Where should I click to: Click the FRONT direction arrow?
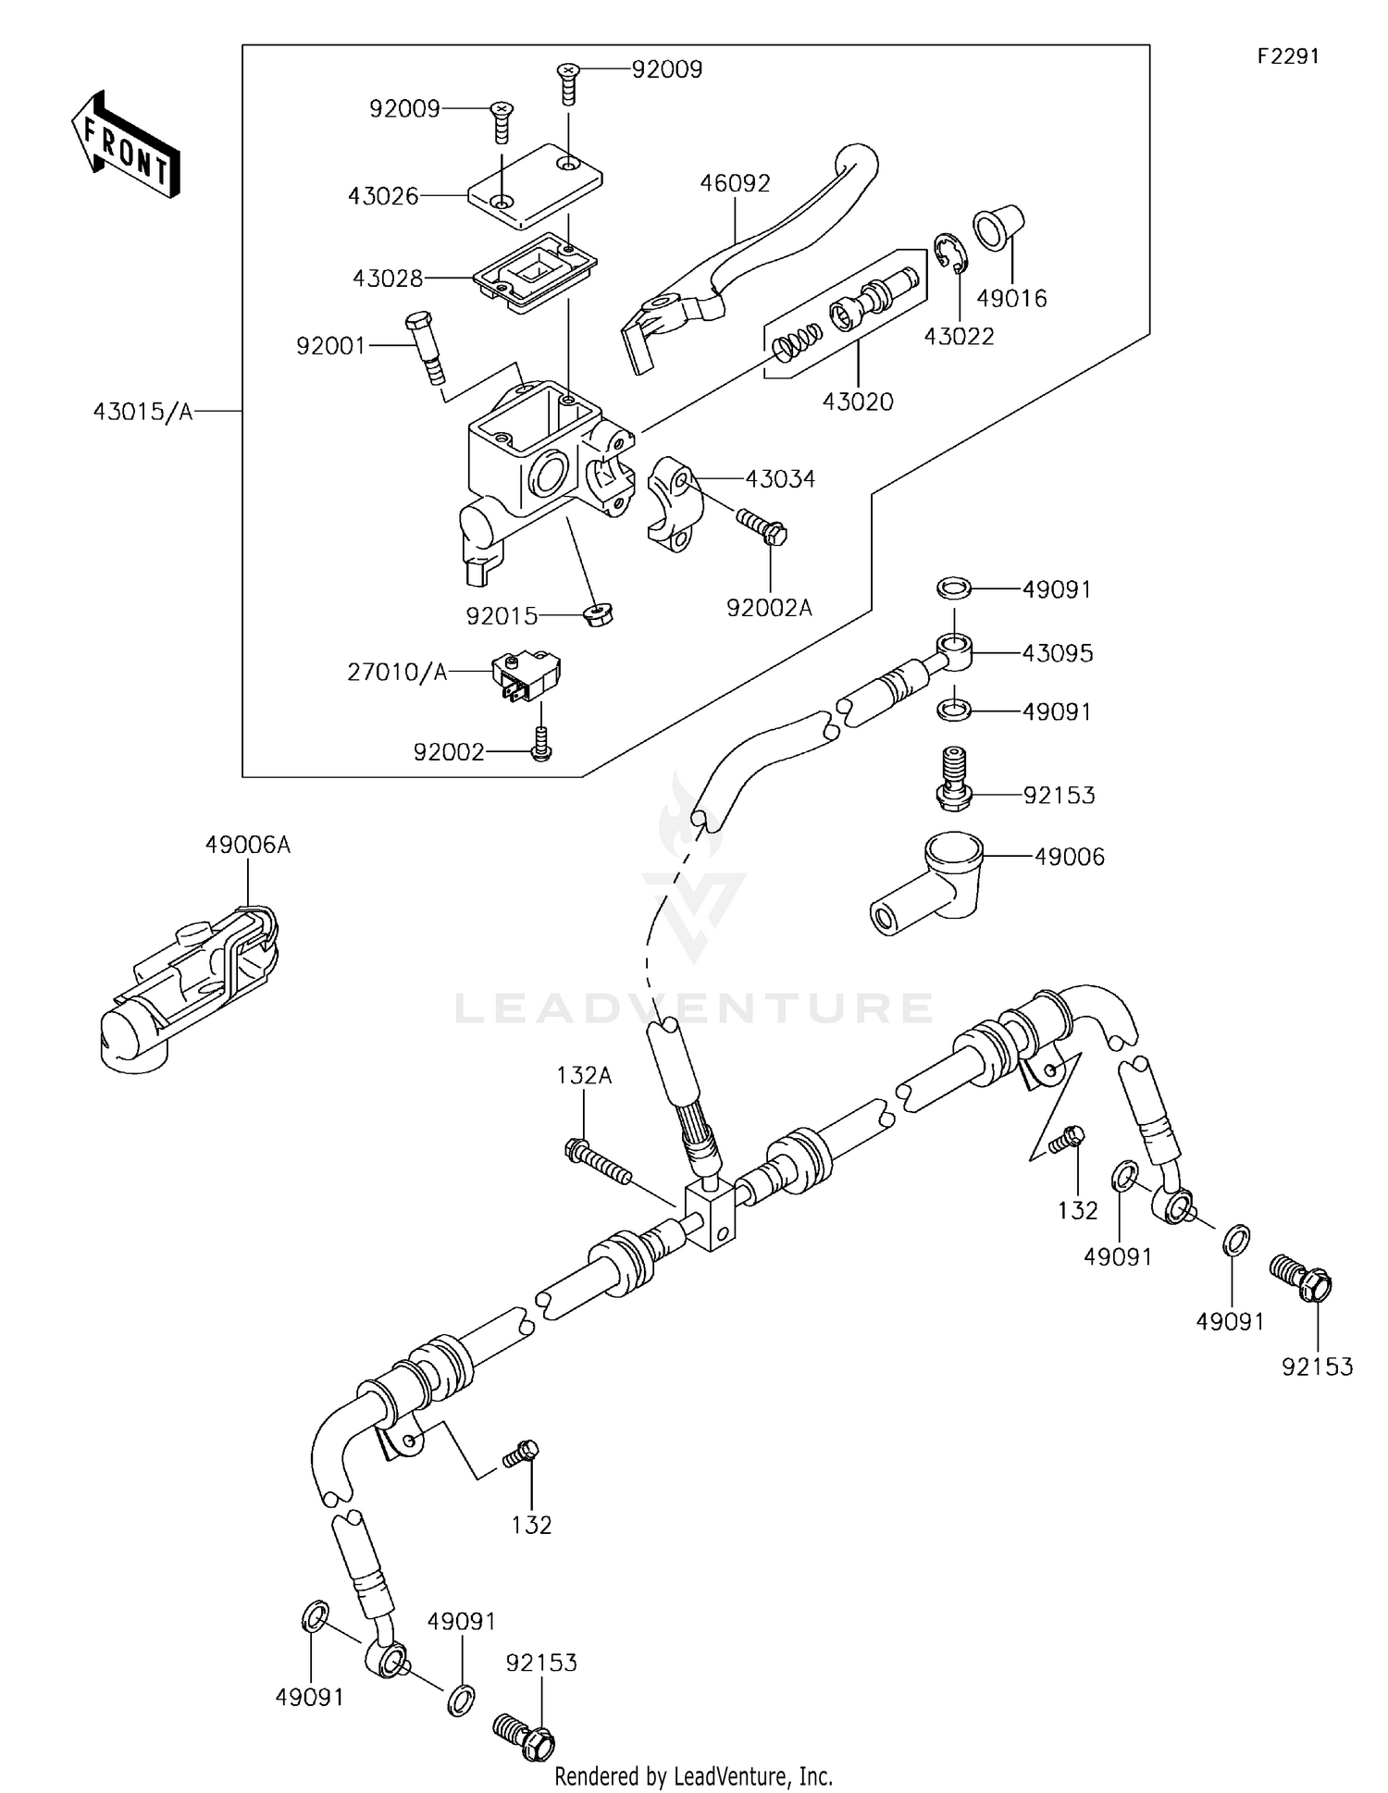click(126, 145)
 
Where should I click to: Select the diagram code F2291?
click(1287, 56)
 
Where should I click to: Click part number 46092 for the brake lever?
click(735, 183)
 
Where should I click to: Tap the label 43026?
click(383, 196)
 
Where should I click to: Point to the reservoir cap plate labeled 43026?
click(535, 185)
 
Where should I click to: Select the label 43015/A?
click(143, 412)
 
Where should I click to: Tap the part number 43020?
click(858, 402)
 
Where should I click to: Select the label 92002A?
click(769, 608)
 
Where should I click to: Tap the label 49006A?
click(248, 845)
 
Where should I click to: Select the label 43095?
click(1057, 653)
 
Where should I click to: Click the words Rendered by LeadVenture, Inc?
click(693, 1775)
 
